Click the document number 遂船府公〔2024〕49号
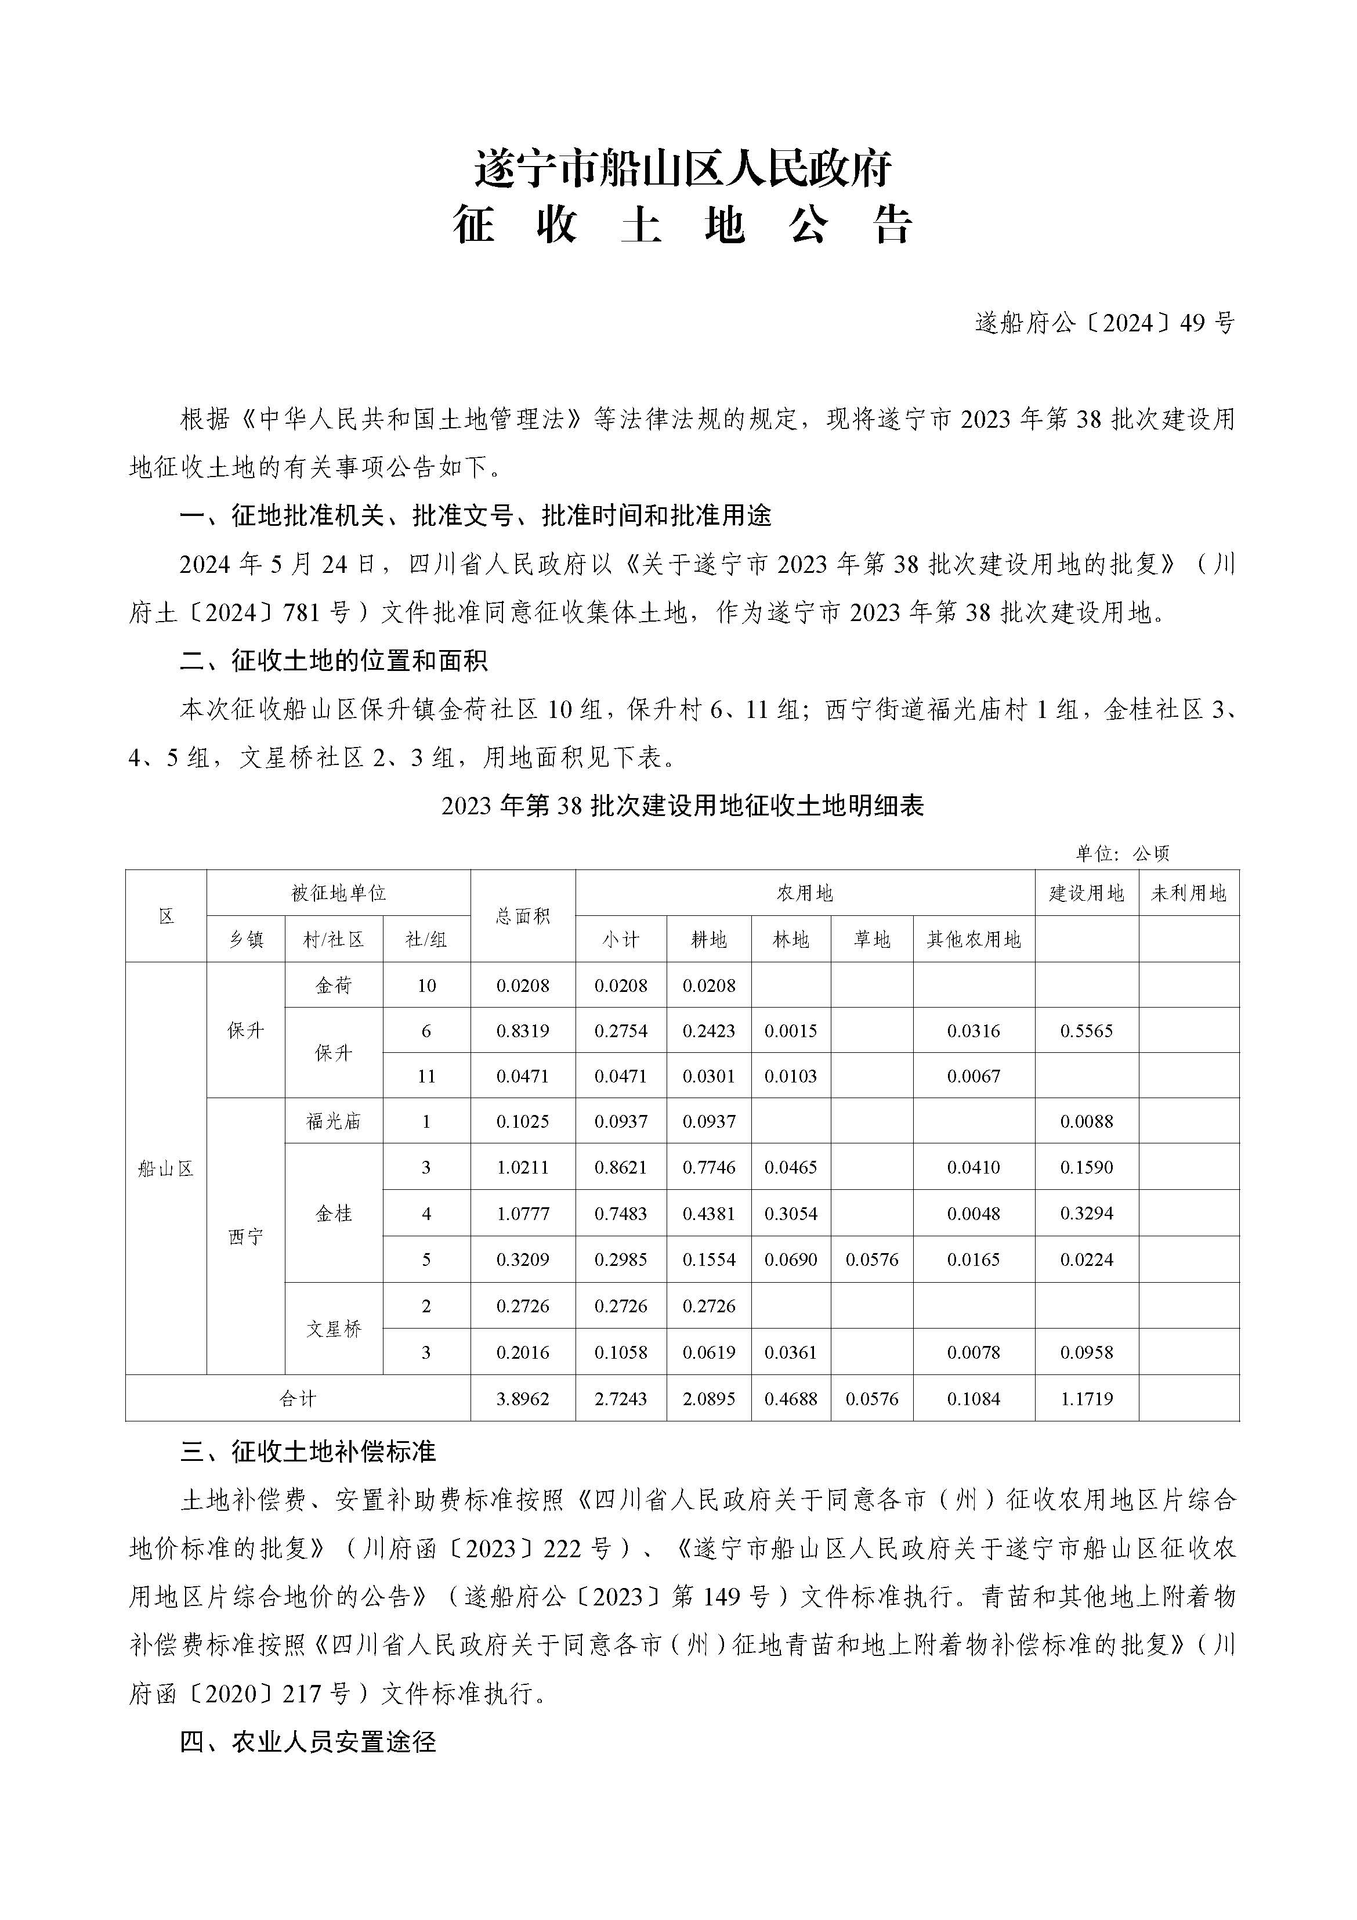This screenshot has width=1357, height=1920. (x=1103, y=323)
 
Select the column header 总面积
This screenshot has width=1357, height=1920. (x=523, y=916)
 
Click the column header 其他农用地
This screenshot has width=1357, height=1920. (x=974, y=940)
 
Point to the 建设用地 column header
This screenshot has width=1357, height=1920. (x=1086, y=893)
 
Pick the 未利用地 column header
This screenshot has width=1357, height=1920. (x=1188, y=893)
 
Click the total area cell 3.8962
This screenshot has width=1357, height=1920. (x=523, y=1399)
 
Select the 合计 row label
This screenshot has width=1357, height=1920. (x=298, y=1399)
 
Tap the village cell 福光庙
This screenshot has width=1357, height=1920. (x=334, y=1121)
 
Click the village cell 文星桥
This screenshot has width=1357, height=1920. (x=334, y=1329)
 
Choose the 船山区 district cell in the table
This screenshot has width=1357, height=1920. (x=165, y=1168)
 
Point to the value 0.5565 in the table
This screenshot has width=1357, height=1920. (x=1086, y=1031)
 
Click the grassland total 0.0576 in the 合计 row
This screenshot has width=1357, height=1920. (x=871, y=1399)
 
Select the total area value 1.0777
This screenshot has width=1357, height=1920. (x=523, y=1214)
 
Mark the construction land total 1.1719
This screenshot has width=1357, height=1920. (x=1086, y=1399)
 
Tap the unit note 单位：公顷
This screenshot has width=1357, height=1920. (x=1122, y=853)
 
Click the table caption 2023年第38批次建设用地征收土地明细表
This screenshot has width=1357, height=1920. (x=682, y=806)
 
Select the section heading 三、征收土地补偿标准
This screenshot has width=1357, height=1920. (x=307, y=1452)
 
